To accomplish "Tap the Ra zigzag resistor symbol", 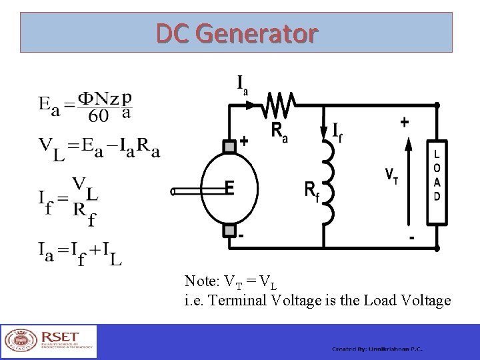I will coord(281,105).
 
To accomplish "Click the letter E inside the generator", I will coord(229,189).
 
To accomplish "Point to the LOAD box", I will coord(437,181).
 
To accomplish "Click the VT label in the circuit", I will coord(392,176).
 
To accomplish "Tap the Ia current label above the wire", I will coord(243,85).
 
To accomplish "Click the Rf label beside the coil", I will coord(311,191).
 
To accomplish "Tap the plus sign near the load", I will coord(405,123).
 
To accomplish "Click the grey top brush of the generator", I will coord(229,146).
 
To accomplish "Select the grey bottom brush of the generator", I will coord(229,230).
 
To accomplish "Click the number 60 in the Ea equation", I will coord(98,116).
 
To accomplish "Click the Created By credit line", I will coord(377,349).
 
